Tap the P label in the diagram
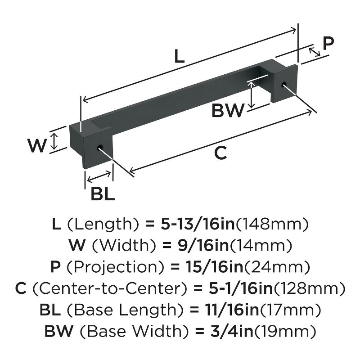[x=329, y=44]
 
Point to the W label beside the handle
[x=37, y=145]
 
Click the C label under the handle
[x=220, y=153]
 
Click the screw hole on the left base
[x=100, y=148]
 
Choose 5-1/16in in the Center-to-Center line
[x=236, y=288]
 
